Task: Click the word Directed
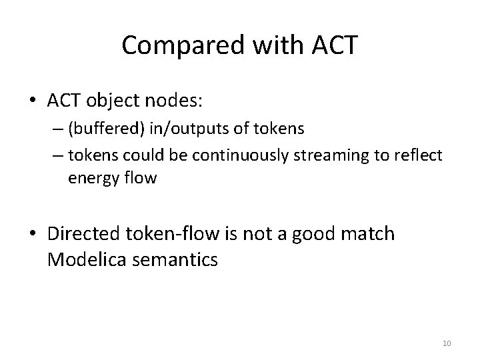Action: (x=83, y=234)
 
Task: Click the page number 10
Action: (x=447, y=343)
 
